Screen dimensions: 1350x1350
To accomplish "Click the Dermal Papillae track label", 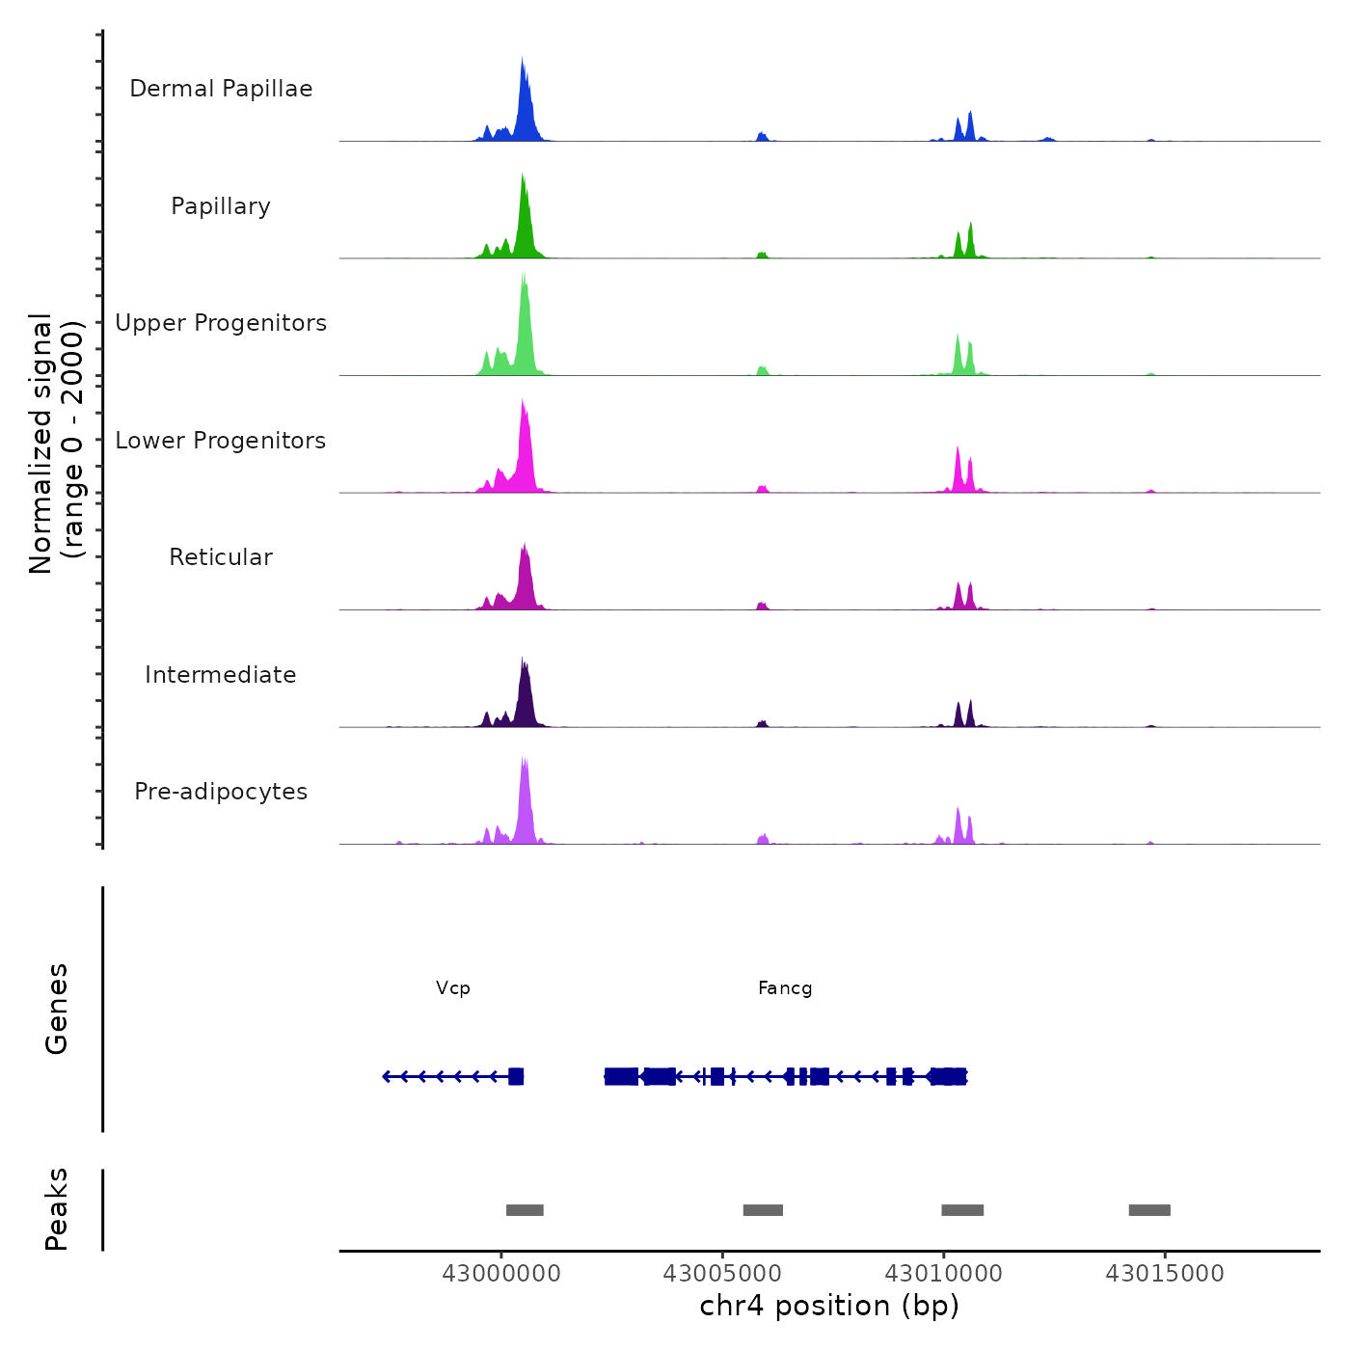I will [221, 89].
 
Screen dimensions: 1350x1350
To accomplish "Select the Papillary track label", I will [221, 206].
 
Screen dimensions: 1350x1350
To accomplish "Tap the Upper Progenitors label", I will [221, 323].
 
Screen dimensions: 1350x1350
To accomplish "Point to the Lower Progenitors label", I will [221, 441].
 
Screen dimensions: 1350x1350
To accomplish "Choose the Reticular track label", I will [221, 557].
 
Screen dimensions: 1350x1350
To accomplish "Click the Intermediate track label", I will [221, 675].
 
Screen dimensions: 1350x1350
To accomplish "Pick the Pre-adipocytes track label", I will [221, 792].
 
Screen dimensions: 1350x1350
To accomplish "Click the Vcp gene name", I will [453, 988].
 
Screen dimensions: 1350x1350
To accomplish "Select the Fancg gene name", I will [785, 988].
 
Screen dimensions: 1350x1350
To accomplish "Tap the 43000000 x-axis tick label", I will [501, 1274].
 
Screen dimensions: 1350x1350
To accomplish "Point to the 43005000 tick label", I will [722, 1274].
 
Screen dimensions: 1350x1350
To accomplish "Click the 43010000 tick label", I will [944, 1274].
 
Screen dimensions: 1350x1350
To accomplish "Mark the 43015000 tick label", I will [1165, 1274].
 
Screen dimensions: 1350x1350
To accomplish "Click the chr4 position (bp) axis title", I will [829, 1306].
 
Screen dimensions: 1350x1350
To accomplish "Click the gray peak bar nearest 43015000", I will [1149, 1210].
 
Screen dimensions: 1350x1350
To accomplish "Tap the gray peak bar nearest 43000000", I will [525, 1210].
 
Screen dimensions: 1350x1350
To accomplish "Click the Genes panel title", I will [57, 1009].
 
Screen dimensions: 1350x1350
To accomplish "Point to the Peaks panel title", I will [57, 1209].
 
